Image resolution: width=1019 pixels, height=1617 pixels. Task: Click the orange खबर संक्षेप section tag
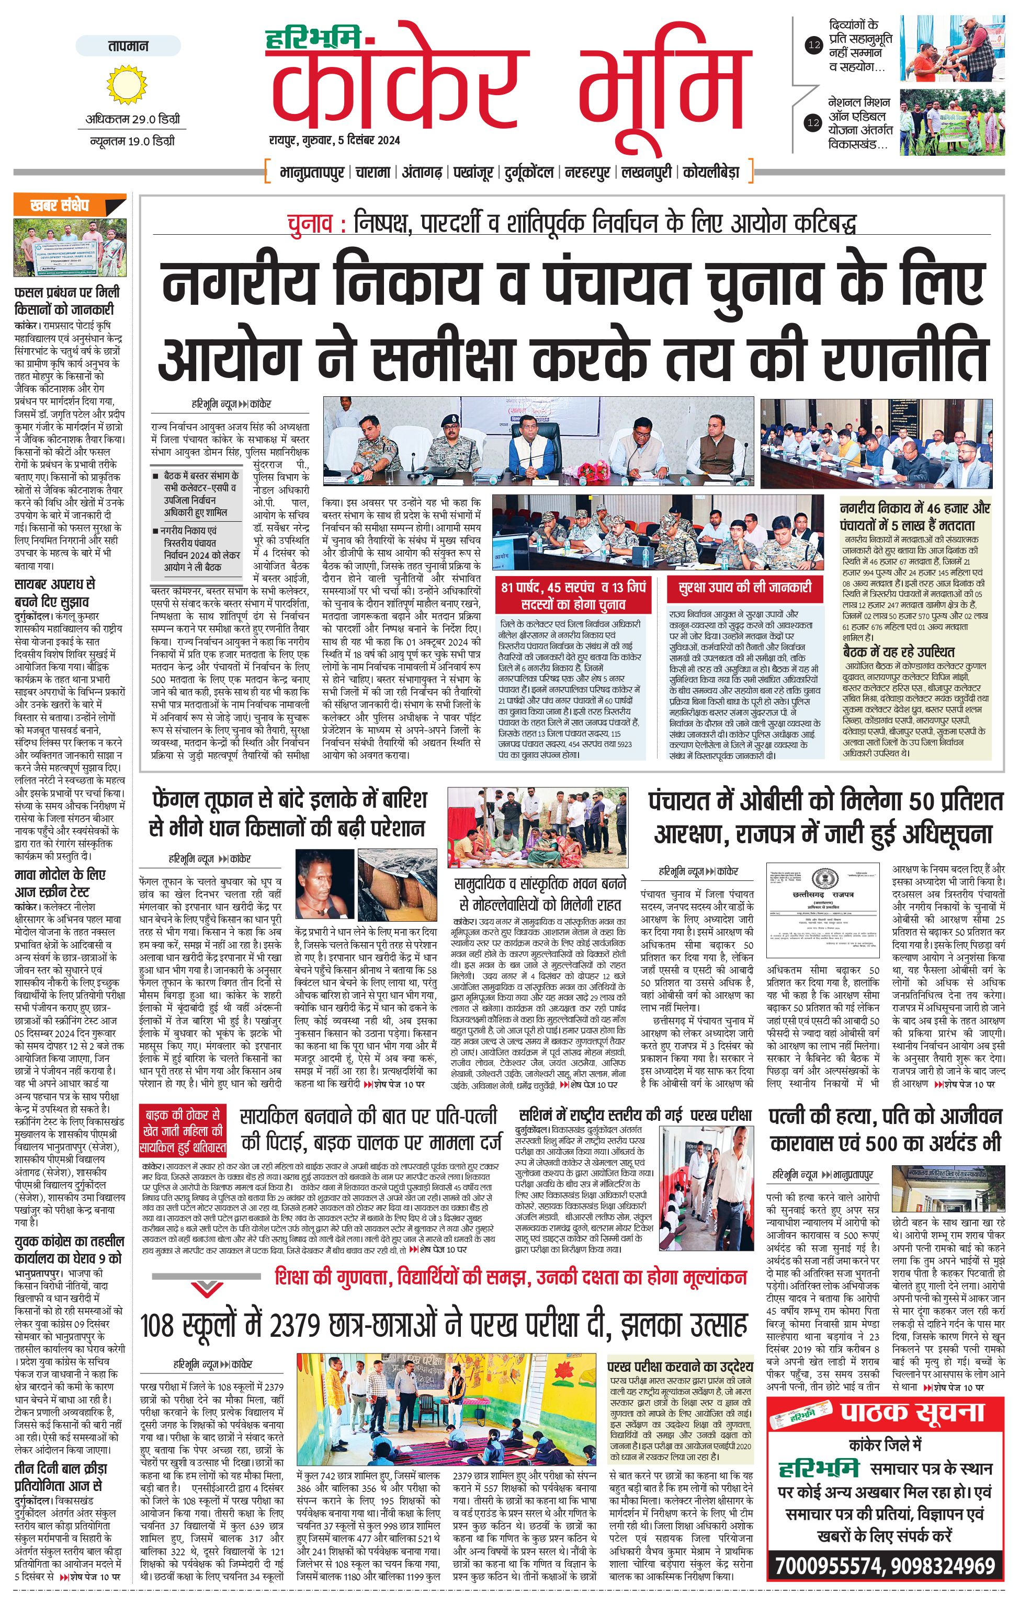pyautogui.click(x=61, y=205)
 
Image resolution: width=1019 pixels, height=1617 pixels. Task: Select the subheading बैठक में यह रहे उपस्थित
pyautogui.click(x=898, y=651)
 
